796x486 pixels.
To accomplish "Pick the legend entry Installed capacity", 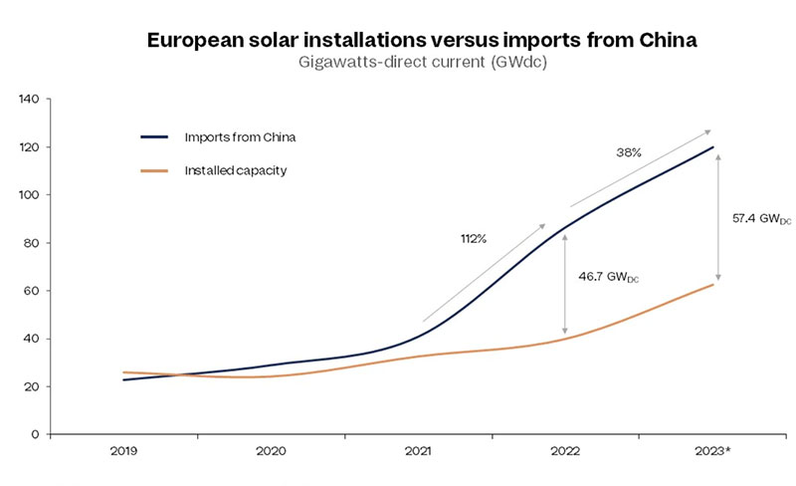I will pos(238,171).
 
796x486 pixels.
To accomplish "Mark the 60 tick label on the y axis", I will pos(30,291).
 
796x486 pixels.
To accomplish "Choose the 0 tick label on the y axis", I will pos(34,435).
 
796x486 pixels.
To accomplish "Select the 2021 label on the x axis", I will pos(419,451).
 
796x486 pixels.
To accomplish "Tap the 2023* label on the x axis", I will pos(713,451).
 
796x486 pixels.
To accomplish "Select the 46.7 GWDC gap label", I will pos(608,277).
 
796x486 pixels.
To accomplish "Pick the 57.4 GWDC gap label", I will pos(761,218).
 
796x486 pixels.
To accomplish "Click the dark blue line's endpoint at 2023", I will pos(713,147).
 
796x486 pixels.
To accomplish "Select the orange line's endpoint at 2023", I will pos(713,285).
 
